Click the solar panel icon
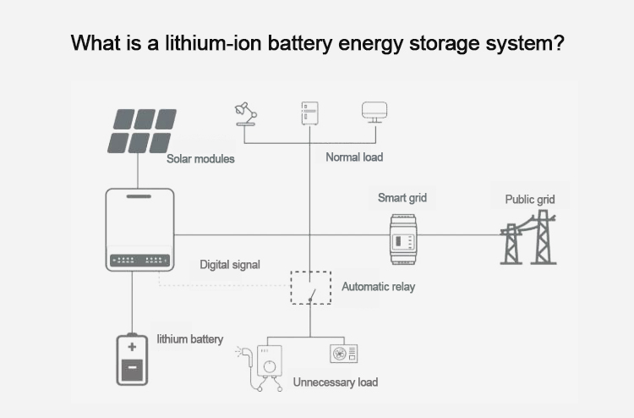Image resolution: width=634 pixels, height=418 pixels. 141,130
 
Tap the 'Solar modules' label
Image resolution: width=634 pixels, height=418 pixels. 200,158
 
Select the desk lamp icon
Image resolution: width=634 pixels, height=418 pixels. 246,114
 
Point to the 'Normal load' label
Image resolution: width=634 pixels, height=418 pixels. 354,157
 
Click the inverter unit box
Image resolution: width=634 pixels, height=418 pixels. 139,229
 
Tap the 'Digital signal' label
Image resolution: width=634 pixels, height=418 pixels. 230,264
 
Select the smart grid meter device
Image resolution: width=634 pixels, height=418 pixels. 402,234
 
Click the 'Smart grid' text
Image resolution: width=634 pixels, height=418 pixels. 402,198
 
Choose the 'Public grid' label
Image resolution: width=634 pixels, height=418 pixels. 530,200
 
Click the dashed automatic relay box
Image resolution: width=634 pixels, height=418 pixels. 310,288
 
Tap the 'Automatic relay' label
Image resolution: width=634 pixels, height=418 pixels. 378,287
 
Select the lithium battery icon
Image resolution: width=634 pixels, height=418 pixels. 132,359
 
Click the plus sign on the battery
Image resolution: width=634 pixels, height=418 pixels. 132,347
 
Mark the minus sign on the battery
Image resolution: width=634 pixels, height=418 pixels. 132,369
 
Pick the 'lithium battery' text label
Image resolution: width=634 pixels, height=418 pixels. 190,339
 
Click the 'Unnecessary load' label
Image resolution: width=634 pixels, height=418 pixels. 335,382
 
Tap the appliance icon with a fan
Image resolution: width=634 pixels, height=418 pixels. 343,354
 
